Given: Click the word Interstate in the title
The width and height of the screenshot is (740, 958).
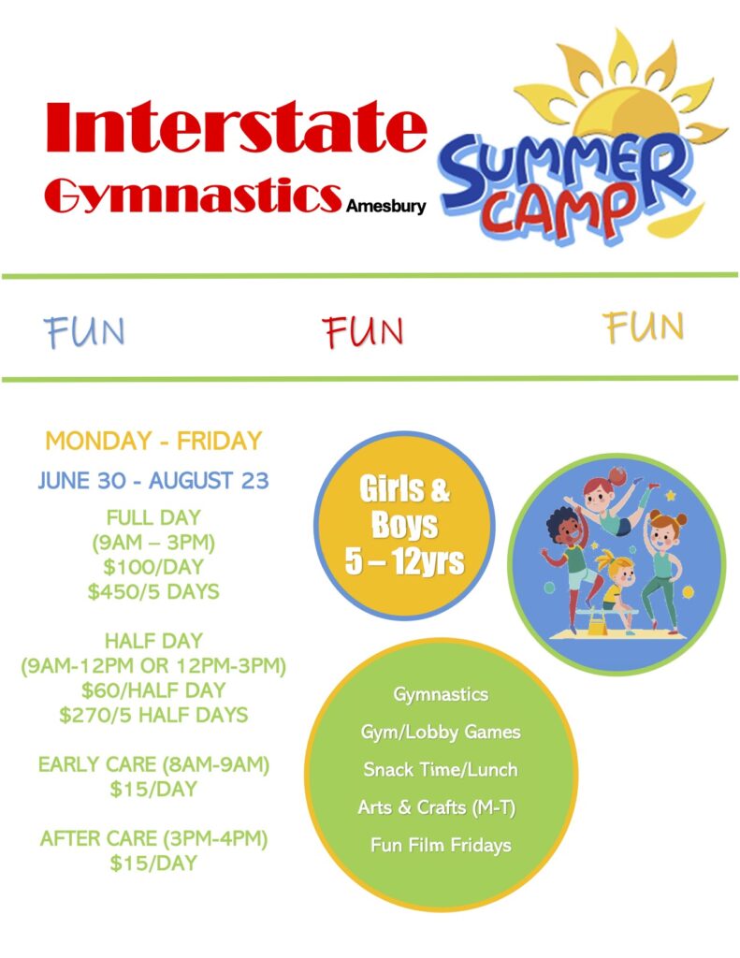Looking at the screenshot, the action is point(235,127).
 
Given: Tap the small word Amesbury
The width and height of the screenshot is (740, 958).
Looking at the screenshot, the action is point(385,206).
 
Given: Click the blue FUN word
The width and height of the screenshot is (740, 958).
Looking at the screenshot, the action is point(84,332).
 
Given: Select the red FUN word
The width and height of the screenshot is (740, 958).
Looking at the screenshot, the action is point(363,331).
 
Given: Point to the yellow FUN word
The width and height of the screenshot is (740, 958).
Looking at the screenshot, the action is point(644,327).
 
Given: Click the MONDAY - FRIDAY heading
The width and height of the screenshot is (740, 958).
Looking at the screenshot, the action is point(153,441).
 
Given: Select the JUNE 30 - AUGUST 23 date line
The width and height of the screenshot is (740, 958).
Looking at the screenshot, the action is point(153,480).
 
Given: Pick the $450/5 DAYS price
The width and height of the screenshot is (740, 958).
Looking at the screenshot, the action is point(153,591).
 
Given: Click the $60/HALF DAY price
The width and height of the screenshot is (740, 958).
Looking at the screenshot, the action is point(153,689).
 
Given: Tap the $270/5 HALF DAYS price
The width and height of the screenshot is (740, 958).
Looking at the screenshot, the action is point(153,715).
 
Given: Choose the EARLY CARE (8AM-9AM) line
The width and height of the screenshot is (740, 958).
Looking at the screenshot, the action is point(153,764).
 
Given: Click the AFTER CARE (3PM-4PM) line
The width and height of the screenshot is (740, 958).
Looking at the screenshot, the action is point(153,838).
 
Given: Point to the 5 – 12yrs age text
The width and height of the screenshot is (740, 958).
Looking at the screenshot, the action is point(404,561).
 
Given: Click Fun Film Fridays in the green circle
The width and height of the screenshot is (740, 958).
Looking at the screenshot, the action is point(441,846).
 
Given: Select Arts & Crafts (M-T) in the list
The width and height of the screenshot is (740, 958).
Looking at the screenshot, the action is point(437,807).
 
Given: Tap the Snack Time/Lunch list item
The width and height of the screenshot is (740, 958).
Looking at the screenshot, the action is point(441,770).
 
